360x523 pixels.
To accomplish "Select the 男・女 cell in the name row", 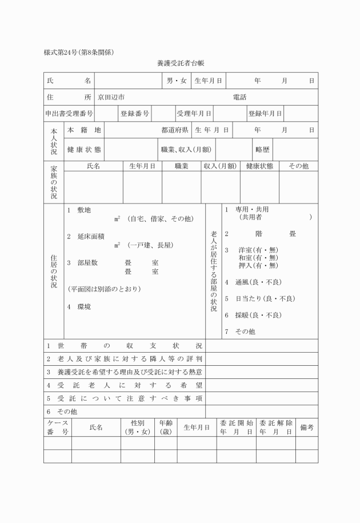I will [177, 81].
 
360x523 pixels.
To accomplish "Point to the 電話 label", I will [241, 98].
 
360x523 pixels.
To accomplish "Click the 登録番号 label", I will [135, 114].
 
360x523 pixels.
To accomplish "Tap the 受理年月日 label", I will [194, 114].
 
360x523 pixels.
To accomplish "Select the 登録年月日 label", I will [265, 114].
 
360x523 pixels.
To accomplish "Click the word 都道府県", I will [175, 130].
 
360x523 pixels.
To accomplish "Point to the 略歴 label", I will [262, 150].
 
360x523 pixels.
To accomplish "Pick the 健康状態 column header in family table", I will [259, 166].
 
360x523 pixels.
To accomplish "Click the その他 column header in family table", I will [298, 166].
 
